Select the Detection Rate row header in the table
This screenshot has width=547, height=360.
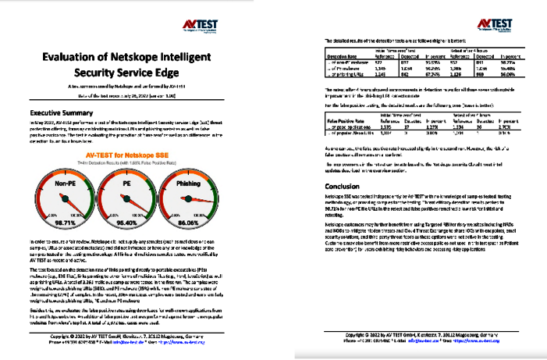343,57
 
